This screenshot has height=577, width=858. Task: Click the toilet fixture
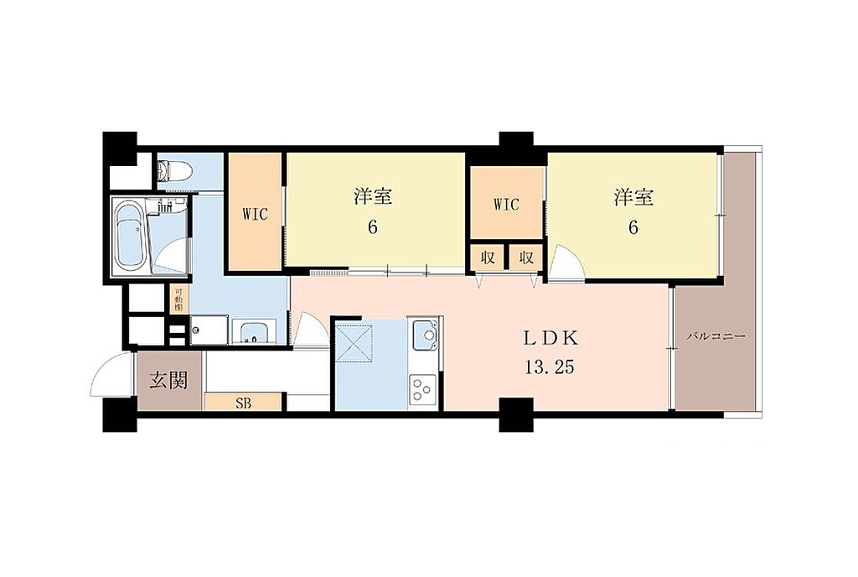(x=173, y=172)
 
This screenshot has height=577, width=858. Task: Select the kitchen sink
(x=425, y=335)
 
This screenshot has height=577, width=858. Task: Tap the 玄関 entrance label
(x=169, y=380)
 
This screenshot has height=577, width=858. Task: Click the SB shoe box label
(x=244, y=404)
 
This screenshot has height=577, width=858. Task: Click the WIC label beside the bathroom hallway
(x=255, y=214)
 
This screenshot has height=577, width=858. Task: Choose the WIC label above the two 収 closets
(x=506, y=205)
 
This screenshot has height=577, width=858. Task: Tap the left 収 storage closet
(x=488, y=257)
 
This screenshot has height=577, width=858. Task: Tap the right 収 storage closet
(x=526, y=257)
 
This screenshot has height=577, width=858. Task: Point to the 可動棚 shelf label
(x=178, y=299)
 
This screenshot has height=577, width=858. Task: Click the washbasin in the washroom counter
(x=253, y=332)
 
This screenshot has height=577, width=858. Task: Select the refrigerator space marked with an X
(x=354, y=343)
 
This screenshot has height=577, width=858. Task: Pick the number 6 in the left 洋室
(x=373, y=226)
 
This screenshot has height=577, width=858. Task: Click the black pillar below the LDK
(x=516, y=414)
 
